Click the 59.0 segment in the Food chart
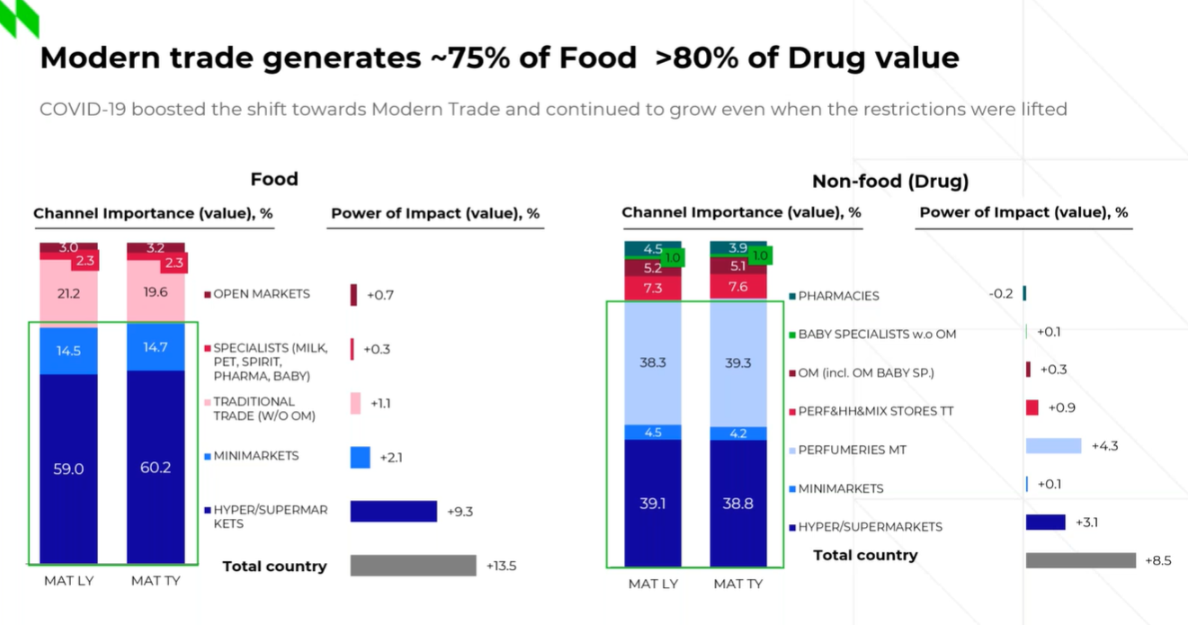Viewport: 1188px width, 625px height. click(x=68, y=468)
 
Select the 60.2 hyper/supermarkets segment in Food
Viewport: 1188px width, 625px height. click(x=156, y=467)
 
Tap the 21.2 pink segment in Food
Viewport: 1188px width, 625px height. click(x=68, y=294)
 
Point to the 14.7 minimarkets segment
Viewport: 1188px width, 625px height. click(x=156, y=347)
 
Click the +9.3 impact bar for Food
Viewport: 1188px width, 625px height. click(x=393, y=512)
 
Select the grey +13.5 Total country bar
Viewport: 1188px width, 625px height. click(x=413, y=566)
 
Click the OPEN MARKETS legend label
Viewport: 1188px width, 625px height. click(x=261, y=294)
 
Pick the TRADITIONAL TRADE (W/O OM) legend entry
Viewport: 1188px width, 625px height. click(x=254, y=408)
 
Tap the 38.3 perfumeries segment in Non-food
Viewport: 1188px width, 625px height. click(x=653, y=362)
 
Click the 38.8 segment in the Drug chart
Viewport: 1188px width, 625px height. click(x=738, y=504)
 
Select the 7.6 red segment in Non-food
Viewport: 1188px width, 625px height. click(x=738, y=288)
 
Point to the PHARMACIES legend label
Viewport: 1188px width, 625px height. click(x=838, y=296)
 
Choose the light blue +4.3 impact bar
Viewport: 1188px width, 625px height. click(x=1053, y=446)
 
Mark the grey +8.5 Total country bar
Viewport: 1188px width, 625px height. click(x=1080, y=560)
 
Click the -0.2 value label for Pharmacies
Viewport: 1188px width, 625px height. click(x=1001, y=293)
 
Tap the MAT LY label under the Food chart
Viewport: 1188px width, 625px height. click(x=68, y=581)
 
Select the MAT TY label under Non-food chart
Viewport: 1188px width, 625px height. click(x=738, y=585)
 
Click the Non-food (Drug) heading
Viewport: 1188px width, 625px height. click(x=890, y=182)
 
